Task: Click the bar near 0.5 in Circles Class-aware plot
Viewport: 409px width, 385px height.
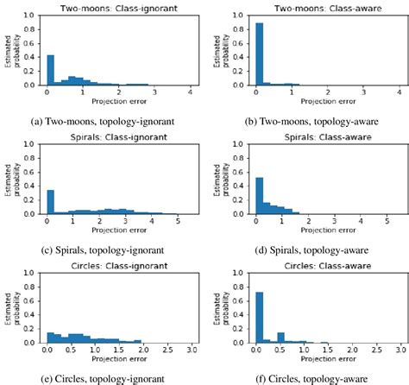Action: [280, 338]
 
